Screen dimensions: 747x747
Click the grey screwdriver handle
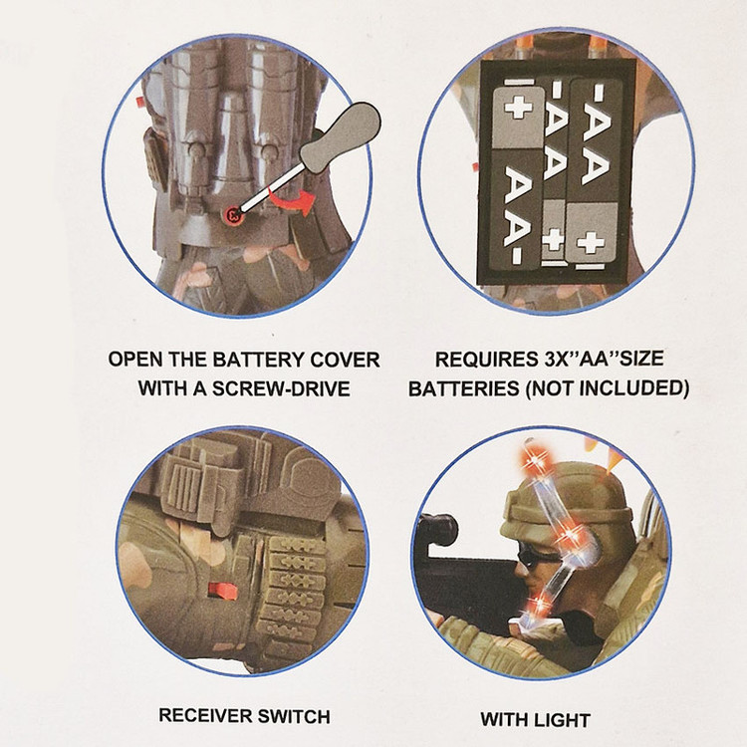(x=341, y=135)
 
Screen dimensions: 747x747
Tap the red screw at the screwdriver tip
(x=234, y=214)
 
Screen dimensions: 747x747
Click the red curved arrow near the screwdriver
(x=292, y=200)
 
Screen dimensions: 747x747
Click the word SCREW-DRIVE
(x=281, y=388)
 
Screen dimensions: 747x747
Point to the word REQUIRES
(x=485, y=360)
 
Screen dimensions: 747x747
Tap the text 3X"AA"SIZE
(x=604, y=359)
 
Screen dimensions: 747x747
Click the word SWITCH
(x=294, y=716)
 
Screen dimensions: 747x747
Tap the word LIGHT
(x=564, y=719)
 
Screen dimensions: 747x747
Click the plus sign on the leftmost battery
(x=518, y=106)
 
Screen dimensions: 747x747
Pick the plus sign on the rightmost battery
(x=591, y=243)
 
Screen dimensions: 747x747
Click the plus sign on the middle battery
(x=554, y=239)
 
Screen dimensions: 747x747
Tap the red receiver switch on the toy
(x=223, y=592)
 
